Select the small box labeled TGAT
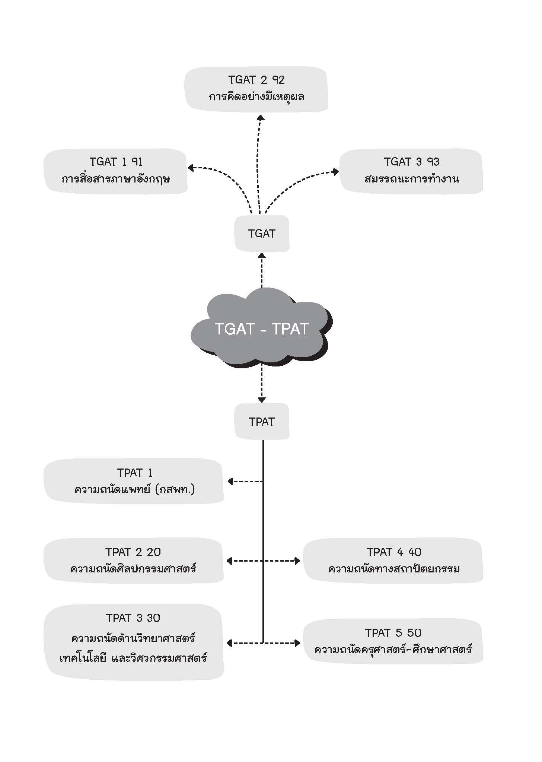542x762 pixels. point(262,234)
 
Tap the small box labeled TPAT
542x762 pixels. point(262,421)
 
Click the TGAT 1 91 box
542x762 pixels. point(115,171)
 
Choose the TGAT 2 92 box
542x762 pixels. point(256,89)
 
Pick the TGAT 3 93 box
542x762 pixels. point(411,171)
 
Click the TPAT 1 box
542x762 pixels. point(134,481)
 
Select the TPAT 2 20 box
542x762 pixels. point(134,560)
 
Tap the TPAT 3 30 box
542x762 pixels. point(134,642)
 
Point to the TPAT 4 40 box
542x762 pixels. point(393,560)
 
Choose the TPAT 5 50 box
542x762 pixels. point(393,641)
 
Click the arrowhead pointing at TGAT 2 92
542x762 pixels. point(261,117)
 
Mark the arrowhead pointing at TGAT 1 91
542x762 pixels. point(191,168)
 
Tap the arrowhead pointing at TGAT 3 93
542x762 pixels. point(336,172)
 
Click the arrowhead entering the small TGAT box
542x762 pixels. point(262,255)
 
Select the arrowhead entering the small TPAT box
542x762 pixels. point(262,400)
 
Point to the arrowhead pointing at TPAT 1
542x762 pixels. point(230,482)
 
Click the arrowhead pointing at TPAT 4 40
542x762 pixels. point(297,561)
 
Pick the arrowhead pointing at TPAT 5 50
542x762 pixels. point(297,643)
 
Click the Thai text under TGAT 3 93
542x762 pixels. point(411,179)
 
